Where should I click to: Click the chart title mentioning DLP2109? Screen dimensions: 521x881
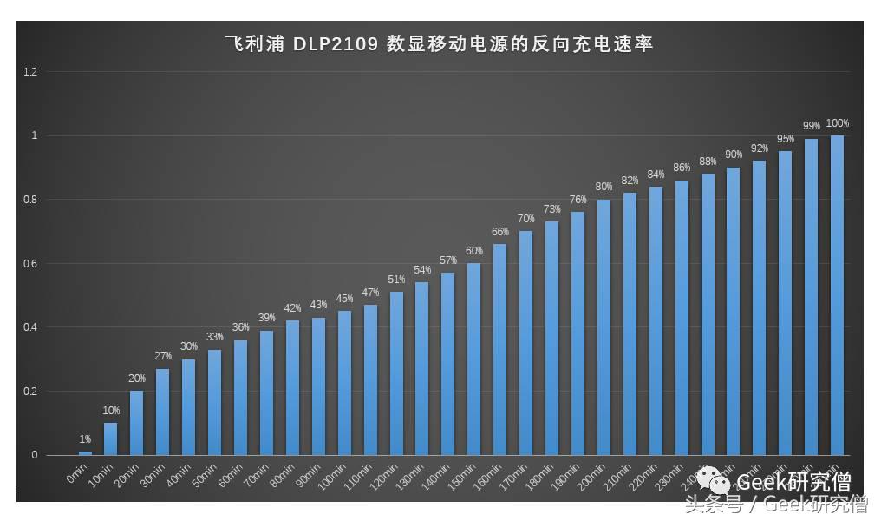pyautogui.click(x=439, y=43)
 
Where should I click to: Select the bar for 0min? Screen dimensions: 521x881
pyautogui.click(x=85, y=452)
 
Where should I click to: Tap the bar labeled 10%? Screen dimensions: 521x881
pyautogui.click(x=110, y=439)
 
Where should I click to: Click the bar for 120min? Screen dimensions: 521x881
pyautogui.click(x=396, y=373)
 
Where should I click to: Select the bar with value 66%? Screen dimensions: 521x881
pyautogui.click(x=499, y=349)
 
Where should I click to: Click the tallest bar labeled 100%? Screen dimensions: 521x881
pyautogui.click(x=837, y=295)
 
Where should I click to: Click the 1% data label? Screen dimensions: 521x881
pyautogui.click(x=85, y=439)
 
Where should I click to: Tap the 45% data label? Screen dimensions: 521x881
pyautogui.click(x=344, y=299)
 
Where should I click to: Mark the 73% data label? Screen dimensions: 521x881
pyautogui.click(x=551, y=209)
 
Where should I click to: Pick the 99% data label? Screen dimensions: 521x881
pyautogui.click(x=811, y=126)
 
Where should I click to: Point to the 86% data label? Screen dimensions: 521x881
pyautogui.click(x=682, y=168)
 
